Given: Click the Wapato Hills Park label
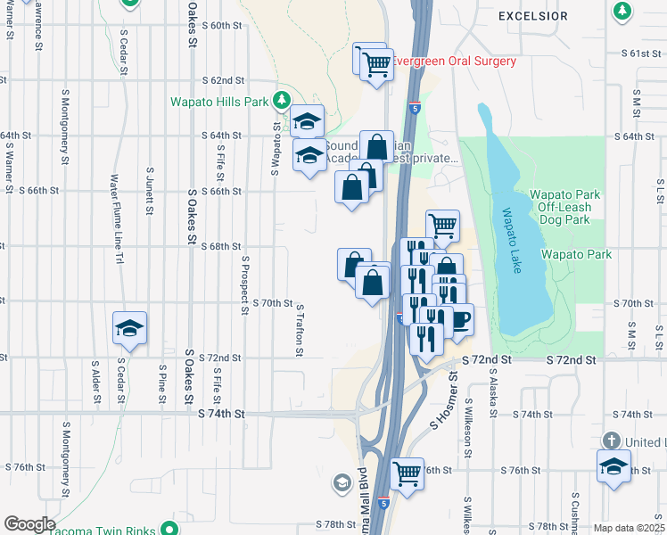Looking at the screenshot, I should click(219, 102).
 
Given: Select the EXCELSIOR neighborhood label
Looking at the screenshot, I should click(533, 16).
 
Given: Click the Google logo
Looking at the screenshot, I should click(29, 524).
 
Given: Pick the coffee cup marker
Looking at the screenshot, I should click(459, 320).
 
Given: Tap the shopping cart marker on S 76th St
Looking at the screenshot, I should click(407, 473).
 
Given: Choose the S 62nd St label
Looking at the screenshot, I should click(223, 80).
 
